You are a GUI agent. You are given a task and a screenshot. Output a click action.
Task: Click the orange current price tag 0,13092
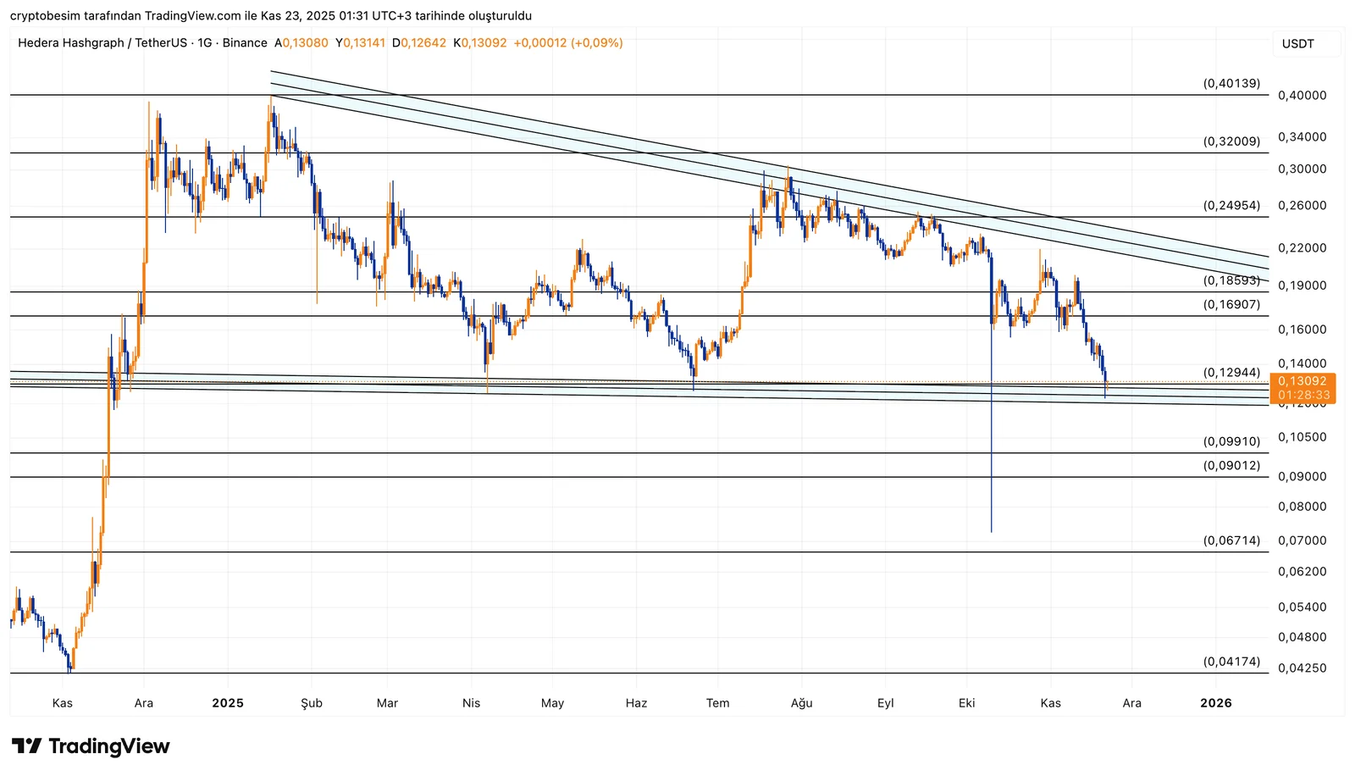[1302, 382]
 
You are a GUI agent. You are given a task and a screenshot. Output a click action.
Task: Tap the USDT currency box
[1297, 44]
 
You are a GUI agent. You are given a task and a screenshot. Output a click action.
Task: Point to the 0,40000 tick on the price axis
[1302, 96]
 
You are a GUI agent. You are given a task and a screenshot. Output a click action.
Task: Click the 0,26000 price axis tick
[1302, 206]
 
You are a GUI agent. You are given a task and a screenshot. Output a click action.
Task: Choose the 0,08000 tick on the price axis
[1302, 507]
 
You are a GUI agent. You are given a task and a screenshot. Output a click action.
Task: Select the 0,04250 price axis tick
[1302, 668]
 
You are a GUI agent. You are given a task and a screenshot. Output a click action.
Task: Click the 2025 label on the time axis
[228, 703]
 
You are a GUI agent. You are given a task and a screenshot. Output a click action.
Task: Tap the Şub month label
[312, 703]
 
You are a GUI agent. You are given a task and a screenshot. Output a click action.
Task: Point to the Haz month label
[636, 703]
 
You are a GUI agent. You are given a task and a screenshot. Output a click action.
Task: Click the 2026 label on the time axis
[1216, 703]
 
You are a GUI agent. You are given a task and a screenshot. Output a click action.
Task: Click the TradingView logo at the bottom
[91, 746]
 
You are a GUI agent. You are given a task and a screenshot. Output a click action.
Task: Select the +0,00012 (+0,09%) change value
[567, 43]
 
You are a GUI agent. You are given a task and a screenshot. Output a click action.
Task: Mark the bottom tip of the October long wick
[991, 532]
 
